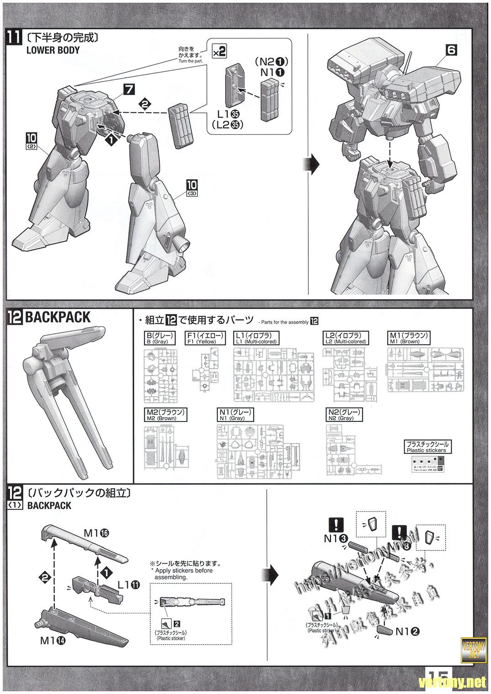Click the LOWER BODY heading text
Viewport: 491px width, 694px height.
[53, 50]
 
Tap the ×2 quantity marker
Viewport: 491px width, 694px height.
[219, 51]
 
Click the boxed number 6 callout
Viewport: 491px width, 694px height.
[451, 50]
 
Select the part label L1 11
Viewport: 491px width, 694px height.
[128, 584]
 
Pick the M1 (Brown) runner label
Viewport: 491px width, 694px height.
[409, 338]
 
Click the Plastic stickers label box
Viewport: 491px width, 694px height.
[427, 447]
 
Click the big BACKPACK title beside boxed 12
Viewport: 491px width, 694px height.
[58, 317]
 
